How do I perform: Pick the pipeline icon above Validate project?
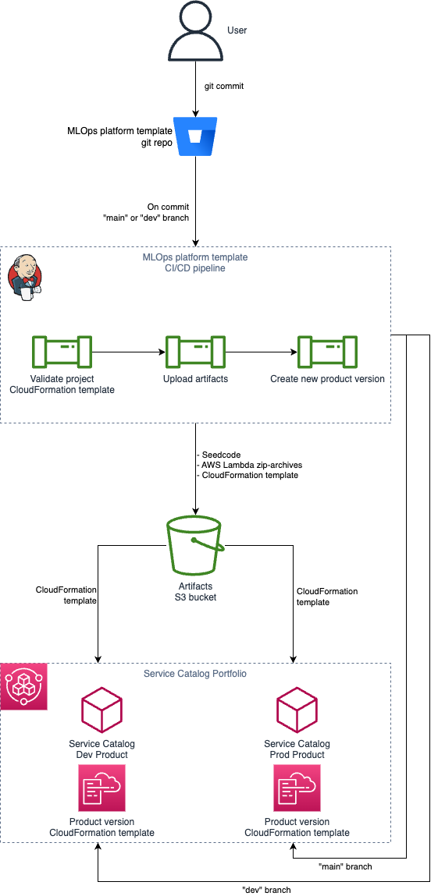point(62,352)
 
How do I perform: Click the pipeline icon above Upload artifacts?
point(195,352)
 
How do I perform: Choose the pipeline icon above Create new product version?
point(328,352)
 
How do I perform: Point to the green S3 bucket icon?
point(195,546)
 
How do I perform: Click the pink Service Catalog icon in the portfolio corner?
point(24,687)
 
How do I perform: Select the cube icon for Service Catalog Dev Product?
point(101,710)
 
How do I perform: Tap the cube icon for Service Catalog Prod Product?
point(297,710)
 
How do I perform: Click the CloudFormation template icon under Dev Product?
point(101,788)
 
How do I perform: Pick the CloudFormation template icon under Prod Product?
point(297,788)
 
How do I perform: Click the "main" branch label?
point(346,866)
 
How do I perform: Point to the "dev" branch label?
point(266,890)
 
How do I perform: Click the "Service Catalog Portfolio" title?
point(195,674)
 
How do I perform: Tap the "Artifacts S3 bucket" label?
point(195,591)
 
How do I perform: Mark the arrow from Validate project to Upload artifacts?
point(129,352)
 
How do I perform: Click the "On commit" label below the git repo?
point(168,207)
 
